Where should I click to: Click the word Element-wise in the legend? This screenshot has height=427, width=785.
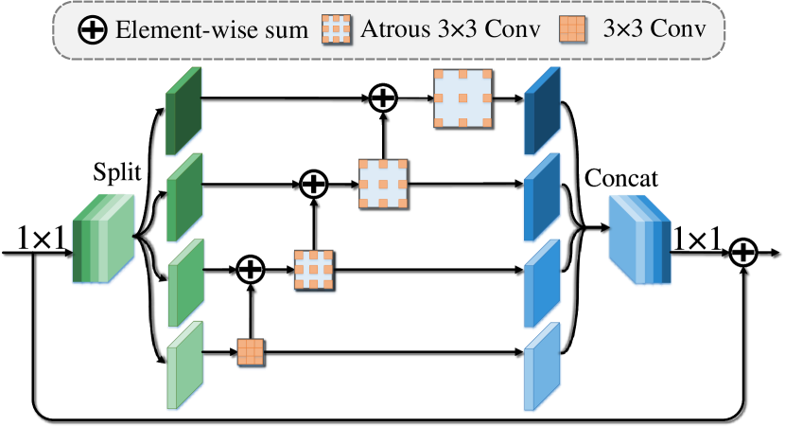[x=160, y=29]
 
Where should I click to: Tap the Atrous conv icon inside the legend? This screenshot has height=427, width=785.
[x=336, y=29]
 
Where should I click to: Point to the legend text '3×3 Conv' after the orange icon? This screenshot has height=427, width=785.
[x=654, y=29]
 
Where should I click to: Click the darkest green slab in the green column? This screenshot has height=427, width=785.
[x=184, y=113]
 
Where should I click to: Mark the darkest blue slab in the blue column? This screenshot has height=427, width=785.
[x=541, y=113]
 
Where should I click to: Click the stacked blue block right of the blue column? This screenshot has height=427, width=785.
[x=639, y=240]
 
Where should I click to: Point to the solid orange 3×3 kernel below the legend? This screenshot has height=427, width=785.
[x=250, y=352]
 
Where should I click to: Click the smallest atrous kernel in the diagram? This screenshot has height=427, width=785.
[x=313, y=270]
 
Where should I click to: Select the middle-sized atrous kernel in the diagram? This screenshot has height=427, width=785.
[x=383, y=184]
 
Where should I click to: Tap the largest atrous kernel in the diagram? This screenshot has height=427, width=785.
[x=462, y=98]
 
